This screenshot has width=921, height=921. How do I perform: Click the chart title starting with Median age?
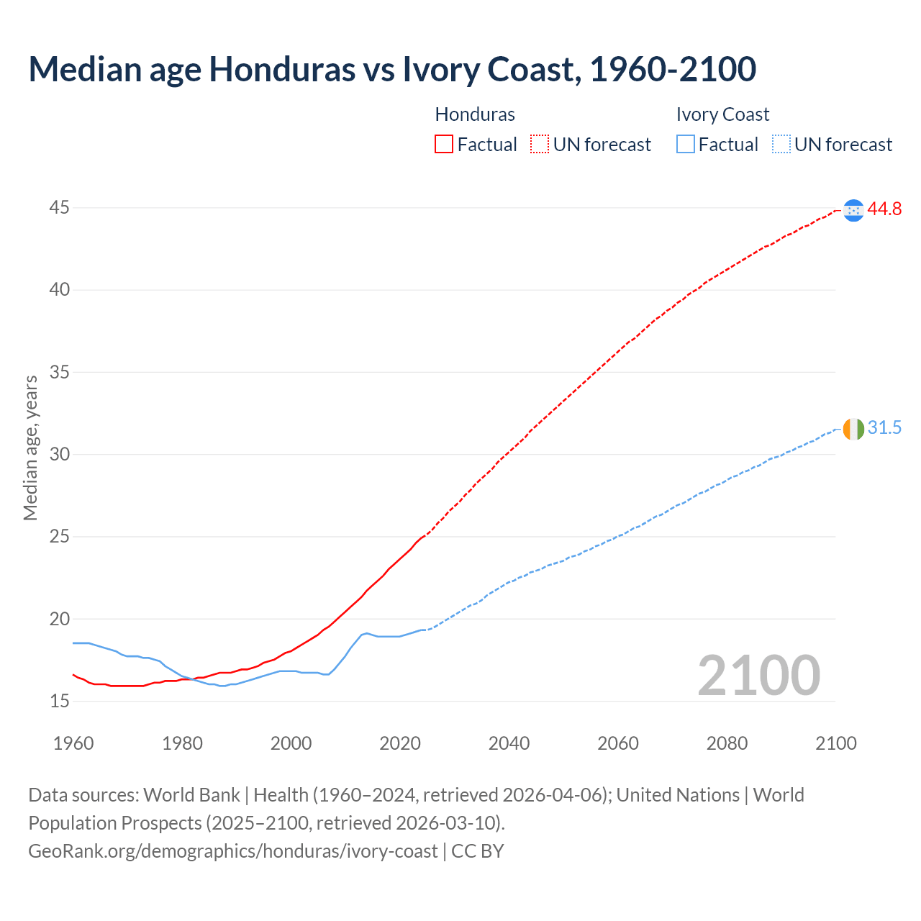[392, 70]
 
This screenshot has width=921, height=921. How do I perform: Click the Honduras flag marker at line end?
[853, 210]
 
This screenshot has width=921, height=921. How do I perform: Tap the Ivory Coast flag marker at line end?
[853, 429]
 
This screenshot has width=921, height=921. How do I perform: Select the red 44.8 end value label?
[884, 209]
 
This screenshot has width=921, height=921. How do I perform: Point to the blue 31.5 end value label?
[884, 428]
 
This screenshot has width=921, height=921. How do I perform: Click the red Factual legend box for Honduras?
[444, 145]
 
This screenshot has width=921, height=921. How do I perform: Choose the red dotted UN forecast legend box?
[540, 145]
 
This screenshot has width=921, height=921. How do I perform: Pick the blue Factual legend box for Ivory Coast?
[686, 145]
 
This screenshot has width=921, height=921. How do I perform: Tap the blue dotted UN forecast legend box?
[781, 145]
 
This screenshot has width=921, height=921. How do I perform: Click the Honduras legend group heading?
[475, 114]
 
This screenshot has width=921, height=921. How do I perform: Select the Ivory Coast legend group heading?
[722, 114]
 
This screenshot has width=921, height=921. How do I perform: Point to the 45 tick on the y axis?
[60, 208]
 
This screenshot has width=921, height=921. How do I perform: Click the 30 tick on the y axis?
[60, 454]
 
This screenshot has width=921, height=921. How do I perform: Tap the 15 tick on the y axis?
[60, 701]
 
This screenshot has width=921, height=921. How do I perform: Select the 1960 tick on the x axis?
[73, 743]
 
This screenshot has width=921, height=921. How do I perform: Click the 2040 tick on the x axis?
[509, 743]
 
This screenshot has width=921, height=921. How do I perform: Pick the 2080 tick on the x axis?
[727, 743]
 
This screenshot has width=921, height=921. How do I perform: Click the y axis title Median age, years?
[30, 448]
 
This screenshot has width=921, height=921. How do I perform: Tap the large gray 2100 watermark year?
[758, 676]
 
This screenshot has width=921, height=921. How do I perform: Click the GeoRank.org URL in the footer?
[232, 851]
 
